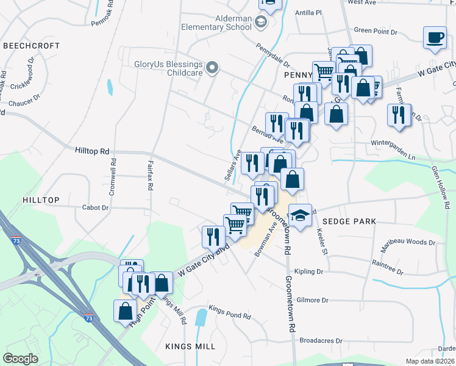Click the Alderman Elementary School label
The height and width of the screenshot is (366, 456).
tap(216, 23)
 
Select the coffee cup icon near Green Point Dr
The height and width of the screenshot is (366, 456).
tap(435, 38)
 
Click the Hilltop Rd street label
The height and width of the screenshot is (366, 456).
tap(92, 150)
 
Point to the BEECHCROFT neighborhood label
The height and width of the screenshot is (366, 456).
tap(31, 46)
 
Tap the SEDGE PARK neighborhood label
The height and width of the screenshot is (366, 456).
tap(349, 221)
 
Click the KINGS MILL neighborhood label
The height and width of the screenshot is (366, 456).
tap(190, 346)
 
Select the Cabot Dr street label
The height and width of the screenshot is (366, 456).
tap(95, 207)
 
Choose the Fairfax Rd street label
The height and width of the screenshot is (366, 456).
tap(149, 176)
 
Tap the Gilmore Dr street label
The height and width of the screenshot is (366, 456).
tap(313, 300)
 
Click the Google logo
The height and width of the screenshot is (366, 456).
tap(21, 359)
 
